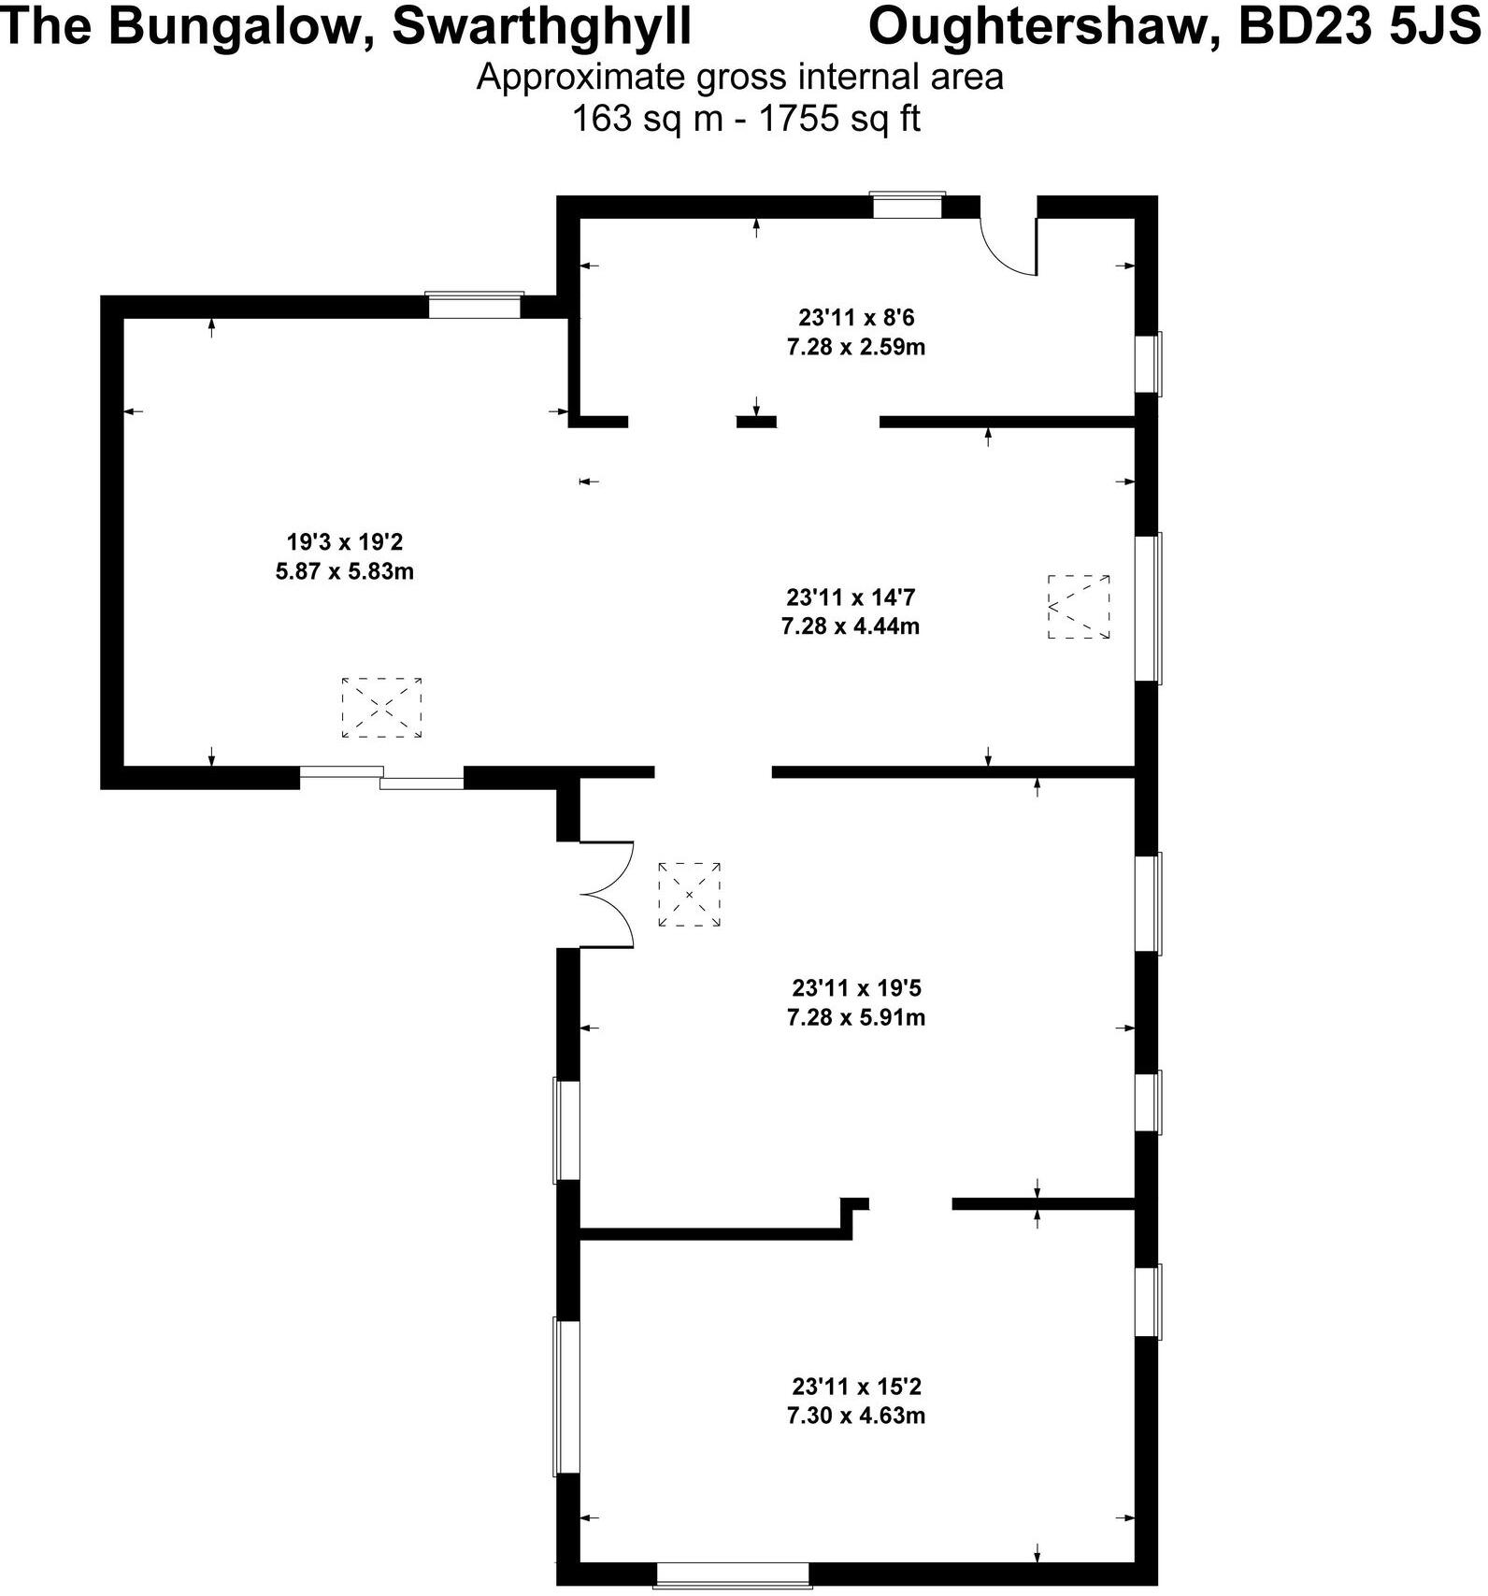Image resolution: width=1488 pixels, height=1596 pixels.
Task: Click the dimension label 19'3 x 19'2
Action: (344, 541)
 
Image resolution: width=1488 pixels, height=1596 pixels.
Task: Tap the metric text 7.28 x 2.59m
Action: (855, 347)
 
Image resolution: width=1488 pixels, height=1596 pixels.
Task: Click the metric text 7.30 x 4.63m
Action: (855, 1415)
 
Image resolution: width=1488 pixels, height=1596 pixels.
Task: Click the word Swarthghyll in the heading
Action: (541, 26)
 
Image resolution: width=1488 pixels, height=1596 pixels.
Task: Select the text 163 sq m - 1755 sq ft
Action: (745, 120)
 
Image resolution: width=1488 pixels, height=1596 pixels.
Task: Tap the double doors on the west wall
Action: (606, 895)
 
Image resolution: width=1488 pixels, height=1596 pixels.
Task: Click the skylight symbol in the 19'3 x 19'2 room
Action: (381, 708)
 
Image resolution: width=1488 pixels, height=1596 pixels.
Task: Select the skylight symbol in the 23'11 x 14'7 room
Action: (1079, 607)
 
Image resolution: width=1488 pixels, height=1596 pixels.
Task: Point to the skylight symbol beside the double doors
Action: (689, 895)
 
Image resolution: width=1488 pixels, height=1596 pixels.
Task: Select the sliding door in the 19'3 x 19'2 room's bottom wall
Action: (381, 777)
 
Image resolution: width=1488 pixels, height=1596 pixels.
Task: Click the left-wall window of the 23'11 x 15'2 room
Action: (566, 1397)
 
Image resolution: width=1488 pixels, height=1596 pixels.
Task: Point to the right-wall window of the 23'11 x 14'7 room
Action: (1148, 608)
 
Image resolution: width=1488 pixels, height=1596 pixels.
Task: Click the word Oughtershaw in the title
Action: (1042, 26)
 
